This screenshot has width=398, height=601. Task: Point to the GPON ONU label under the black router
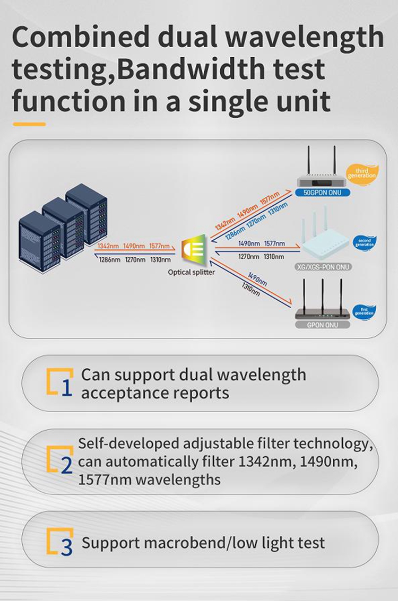[322, 325]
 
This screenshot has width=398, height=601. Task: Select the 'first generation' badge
[364, 310]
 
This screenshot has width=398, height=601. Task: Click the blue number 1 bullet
[66, 388]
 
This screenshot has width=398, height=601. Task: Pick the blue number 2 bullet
[66, 465]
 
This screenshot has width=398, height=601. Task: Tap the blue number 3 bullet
[66, 546]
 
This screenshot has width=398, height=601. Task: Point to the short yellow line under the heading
[29, 124]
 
